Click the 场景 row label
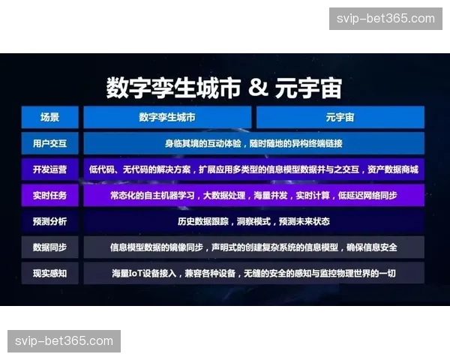pos(50,117)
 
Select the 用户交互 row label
pos(50,142)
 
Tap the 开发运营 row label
pos(50,169)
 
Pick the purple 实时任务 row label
pos(50,196)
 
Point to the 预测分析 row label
pos(50,221)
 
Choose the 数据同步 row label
pos(50,247)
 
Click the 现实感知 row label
pos(50,273)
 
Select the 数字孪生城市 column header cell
pos(166,117)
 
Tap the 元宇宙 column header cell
pos(340,117)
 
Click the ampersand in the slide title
pos(257,88)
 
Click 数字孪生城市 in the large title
pos(173,88)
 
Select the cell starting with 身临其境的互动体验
pos(254,142)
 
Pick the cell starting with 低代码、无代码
pos(254,169)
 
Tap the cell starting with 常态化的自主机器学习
pos(254,196)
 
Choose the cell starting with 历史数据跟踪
pos(254,221)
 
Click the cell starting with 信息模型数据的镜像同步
pos(254,247)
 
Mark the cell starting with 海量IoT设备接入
pos(254,273)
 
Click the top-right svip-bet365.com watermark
pos(384,19)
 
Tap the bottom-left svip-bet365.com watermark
pos(65,341)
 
